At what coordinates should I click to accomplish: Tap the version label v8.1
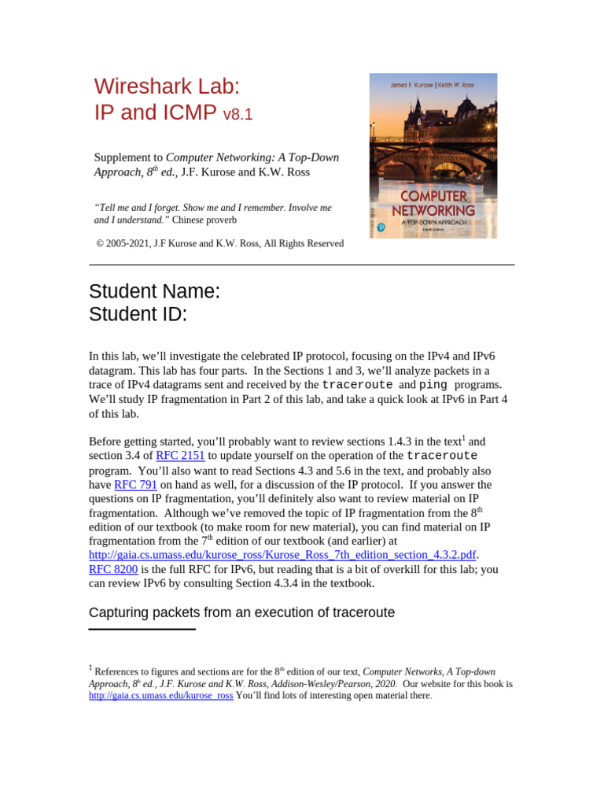[x=238, y=115]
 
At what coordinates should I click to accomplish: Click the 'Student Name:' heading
[x=155, y=291]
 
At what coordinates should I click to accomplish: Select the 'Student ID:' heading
[x=138, y=315]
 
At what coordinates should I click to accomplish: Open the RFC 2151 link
[x=180, y=456]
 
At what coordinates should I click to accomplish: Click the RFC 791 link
[x=135, y=485]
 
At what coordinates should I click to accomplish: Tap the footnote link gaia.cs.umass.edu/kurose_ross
[x=160, y=696]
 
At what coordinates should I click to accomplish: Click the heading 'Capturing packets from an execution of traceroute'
[x=241, y=612]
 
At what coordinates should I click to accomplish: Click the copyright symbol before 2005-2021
[x=100, y=244]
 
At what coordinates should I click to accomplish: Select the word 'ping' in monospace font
[x=433, y=385]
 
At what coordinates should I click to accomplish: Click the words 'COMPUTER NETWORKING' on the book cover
[x=433, y=204]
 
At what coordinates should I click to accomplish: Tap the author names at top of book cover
[x=433, y=84]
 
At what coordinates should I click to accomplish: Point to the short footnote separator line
[x=142, y=629]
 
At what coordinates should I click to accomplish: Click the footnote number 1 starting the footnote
[x=91, y=668]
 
